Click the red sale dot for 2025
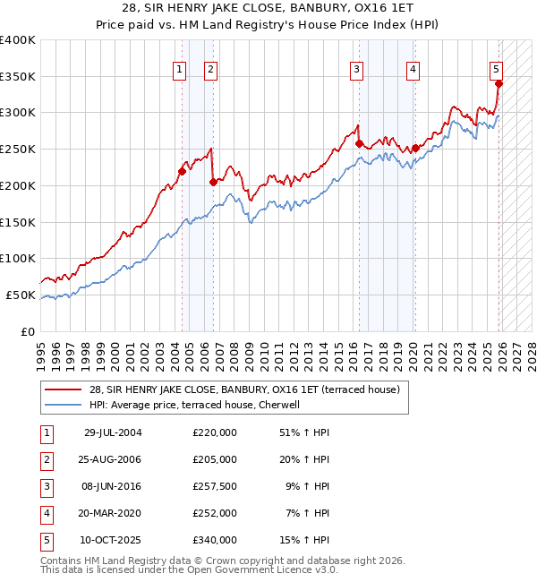pos(499,84)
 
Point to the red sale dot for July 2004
pos(182,171)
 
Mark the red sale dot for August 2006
pos(213,182)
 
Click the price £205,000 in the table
pos(215,458)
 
